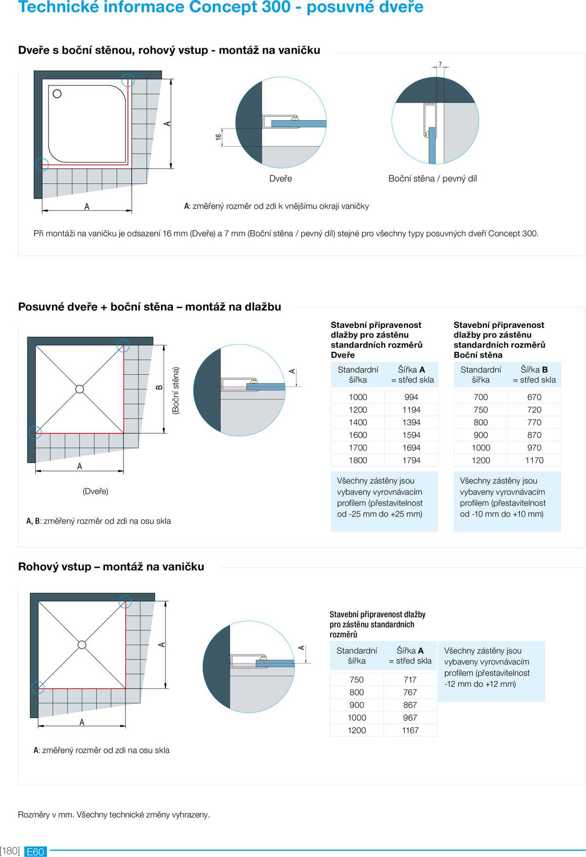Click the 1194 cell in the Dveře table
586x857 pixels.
[411, 410]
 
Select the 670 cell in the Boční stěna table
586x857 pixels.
[534, 397]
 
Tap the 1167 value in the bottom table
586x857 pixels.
[410, 730]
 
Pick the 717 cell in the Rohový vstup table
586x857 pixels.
[410, 680]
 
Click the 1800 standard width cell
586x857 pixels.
[358, 460]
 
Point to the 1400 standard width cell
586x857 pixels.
[358, 423]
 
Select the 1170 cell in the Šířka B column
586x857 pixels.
[534, 460]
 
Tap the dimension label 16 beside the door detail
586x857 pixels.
[219, 137]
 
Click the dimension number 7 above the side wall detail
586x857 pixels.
[440, 64]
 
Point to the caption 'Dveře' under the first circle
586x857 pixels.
[281, 179]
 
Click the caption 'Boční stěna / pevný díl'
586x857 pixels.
[433, 179]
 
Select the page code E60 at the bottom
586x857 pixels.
[35, 852]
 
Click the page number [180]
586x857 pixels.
[10, 851]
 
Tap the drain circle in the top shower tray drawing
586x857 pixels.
[57, 94]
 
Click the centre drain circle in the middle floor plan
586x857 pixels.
[80, 389]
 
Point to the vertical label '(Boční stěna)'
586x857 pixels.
[176, 391]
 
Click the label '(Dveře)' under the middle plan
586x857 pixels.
[95, 492]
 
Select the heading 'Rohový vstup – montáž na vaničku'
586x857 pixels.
[111, 567]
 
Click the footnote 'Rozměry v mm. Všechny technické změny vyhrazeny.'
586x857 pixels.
[114, 814]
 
